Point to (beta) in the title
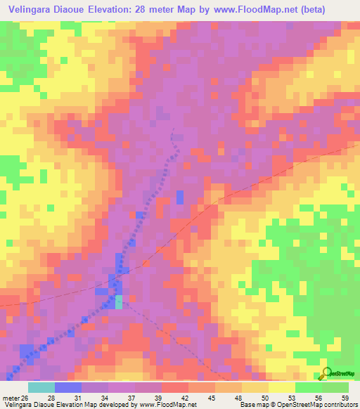pos(333,10)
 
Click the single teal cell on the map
pos(119,301)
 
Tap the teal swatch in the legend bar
pos(41,387)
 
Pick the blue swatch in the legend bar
pos(68,387)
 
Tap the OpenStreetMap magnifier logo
pos(325,372)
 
